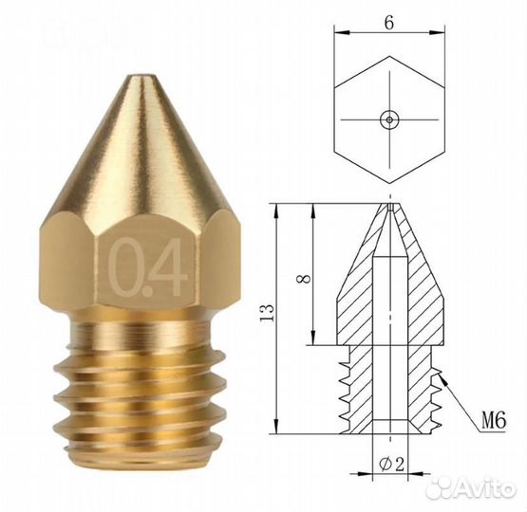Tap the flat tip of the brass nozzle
[140, 77]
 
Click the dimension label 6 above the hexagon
[389, 23]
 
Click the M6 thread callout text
[494, 421]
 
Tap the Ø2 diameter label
[391, 464]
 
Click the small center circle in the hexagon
[389, 119]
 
